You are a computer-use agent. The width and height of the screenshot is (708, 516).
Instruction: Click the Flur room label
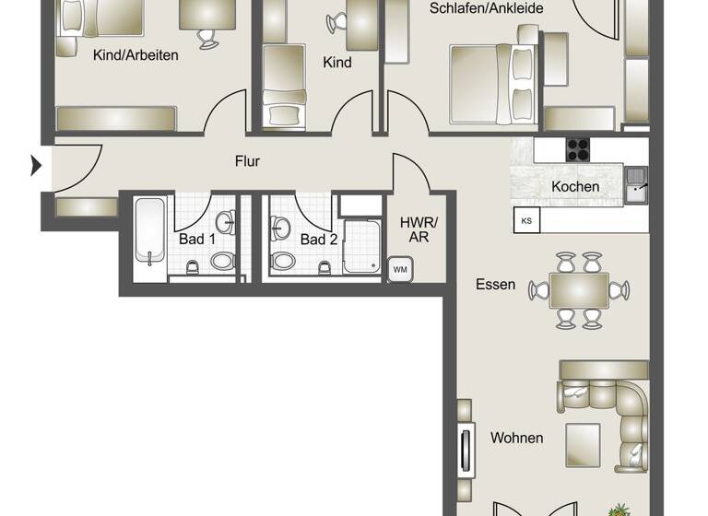[x=247, y=161]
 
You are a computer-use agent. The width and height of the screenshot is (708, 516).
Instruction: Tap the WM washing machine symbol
[x=399, y=268]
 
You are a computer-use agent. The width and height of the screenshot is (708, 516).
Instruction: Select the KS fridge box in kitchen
[x=526, y=220]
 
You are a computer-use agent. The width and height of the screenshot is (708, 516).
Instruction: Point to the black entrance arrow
[x=37, y=166]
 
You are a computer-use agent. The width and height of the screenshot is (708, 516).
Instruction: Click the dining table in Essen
[x=578, y=290]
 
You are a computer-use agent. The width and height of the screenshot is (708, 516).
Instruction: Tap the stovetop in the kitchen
[x=577, y=149]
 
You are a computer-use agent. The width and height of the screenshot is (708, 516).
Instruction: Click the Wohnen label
[x=516, y=438]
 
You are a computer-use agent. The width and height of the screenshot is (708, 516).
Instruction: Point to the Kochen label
[x=575, y=187]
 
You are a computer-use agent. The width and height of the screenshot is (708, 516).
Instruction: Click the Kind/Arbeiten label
[x=136, y=54]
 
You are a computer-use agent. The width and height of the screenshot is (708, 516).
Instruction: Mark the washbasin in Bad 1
[x=225, y=221]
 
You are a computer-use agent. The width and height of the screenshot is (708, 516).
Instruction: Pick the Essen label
[x=495, y=284]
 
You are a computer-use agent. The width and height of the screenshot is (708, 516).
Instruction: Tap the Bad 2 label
[x=318, y=240]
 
